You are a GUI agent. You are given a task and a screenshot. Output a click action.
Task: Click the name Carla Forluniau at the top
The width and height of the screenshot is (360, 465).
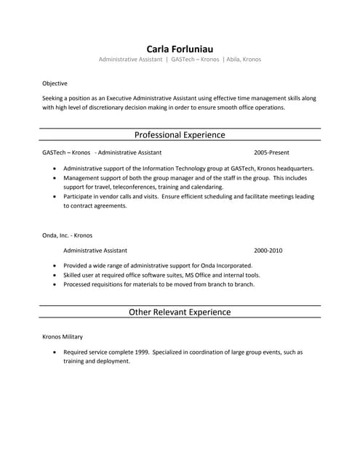coord(180,48)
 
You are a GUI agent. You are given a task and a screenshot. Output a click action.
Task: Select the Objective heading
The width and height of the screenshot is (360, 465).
coord(55,84)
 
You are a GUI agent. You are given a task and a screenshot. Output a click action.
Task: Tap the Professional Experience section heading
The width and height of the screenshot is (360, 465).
coord(180,135)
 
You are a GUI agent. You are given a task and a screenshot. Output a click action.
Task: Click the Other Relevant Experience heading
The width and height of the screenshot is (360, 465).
coord(180,312)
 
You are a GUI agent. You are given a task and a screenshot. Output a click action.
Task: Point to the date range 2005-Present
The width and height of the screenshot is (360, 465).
coord(271,153)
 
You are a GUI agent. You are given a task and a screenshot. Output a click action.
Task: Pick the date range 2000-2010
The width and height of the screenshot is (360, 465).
coord(268,250)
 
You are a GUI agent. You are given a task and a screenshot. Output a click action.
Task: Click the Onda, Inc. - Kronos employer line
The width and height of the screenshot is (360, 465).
coord(67,235)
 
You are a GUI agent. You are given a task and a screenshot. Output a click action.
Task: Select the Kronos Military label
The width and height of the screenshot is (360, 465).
coord(63,337)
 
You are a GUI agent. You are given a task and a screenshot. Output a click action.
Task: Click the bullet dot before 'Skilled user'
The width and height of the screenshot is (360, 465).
coord(55,275)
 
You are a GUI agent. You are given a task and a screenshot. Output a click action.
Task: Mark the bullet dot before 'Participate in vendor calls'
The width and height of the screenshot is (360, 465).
coord(55,196)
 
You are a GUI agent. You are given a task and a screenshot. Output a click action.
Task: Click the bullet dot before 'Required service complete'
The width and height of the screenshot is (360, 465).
coord(55,352)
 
